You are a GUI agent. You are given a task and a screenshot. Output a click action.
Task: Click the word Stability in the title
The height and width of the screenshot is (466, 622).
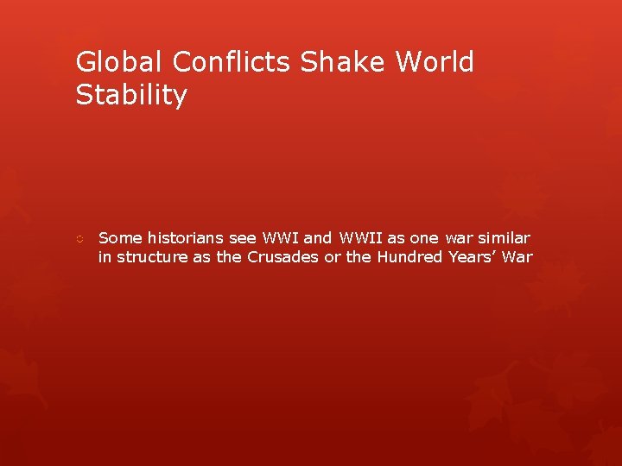[x=130, y=96]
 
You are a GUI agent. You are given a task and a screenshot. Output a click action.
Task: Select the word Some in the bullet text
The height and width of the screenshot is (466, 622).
[x=120, y=237]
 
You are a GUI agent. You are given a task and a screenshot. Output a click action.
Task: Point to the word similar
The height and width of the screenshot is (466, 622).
[x=503, y=237]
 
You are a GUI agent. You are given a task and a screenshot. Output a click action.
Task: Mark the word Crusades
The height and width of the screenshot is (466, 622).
[x=282, y=257]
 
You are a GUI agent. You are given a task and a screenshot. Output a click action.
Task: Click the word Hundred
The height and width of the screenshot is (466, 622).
[x=410, y=257]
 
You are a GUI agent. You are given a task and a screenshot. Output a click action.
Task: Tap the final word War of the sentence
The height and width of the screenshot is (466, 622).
[x=519, y=257]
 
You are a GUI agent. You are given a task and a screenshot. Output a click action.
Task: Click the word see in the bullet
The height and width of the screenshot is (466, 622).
[x=243, y=237]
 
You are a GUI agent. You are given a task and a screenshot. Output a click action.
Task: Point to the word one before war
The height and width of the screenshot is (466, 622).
[x=422, y=237]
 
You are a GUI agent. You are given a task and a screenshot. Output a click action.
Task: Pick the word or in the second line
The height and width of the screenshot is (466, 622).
[x=333, y=257]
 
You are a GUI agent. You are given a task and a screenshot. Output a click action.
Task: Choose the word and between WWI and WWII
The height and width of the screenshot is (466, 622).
[x=317, y=237]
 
